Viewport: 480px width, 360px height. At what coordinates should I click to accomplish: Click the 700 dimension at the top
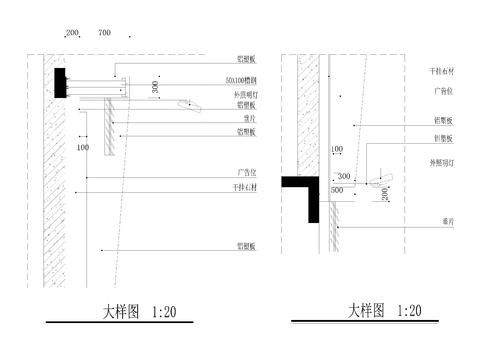(104, 33)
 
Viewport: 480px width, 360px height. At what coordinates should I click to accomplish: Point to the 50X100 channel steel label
(244, 80)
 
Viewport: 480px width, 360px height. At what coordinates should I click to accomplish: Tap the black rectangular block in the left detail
(59, 82)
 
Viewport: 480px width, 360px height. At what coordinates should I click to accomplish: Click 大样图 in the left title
(125, 312)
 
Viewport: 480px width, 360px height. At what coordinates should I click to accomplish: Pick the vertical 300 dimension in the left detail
(154, 90)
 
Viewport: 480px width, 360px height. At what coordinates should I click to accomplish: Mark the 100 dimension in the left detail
(83, 148)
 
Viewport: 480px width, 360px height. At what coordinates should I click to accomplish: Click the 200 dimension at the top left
(72, 33)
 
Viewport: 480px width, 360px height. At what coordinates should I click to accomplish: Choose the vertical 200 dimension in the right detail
(385, 194)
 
